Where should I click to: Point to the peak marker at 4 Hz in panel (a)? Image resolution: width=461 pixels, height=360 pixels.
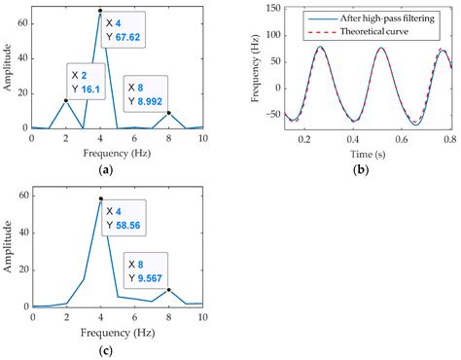tap(100, 11)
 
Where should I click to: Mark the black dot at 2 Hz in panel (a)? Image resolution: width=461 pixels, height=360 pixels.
tap(66, 99)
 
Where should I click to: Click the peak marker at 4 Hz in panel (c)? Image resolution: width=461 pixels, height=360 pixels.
tap(100, 198)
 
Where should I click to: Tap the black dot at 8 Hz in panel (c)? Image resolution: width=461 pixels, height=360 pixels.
tap(169, 289)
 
